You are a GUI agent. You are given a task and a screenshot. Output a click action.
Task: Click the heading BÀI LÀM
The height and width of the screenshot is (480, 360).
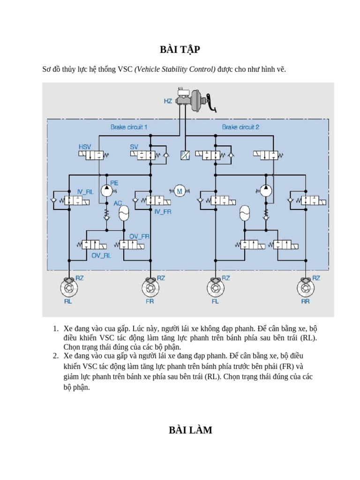pos(190,430)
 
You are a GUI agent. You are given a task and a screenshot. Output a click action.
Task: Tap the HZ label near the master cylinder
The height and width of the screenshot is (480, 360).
pos(168,101)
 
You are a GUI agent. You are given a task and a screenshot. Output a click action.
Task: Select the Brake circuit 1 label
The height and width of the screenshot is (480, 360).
pos(129,127)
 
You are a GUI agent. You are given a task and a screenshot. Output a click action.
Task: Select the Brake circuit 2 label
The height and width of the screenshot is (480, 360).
pos(240,127)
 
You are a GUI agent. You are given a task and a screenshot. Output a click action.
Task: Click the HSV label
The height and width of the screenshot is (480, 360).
pos(85,147)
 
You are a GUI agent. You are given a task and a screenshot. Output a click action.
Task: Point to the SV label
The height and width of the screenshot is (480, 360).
pos(134,147)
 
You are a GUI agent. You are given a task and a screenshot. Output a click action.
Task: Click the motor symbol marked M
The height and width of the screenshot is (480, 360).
pos(179,190)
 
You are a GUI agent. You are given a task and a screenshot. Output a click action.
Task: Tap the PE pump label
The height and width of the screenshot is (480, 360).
pos(114,182)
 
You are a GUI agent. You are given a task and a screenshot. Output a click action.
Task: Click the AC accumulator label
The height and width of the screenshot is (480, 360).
pos(118,204)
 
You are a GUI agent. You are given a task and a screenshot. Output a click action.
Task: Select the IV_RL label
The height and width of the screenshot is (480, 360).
pos(85,192)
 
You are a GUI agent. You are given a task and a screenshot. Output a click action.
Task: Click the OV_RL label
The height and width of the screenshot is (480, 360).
pos(101,255)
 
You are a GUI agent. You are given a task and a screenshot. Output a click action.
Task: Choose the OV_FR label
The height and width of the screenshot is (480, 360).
pos(139,236)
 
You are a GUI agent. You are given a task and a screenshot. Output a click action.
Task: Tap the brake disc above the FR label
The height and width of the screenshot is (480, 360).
pos(150,286)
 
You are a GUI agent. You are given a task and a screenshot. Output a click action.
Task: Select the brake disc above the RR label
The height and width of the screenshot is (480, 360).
pos(305,286)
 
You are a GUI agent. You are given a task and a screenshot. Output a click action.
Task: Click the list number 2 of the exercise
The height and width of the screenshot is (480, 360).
pos(55,356)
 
